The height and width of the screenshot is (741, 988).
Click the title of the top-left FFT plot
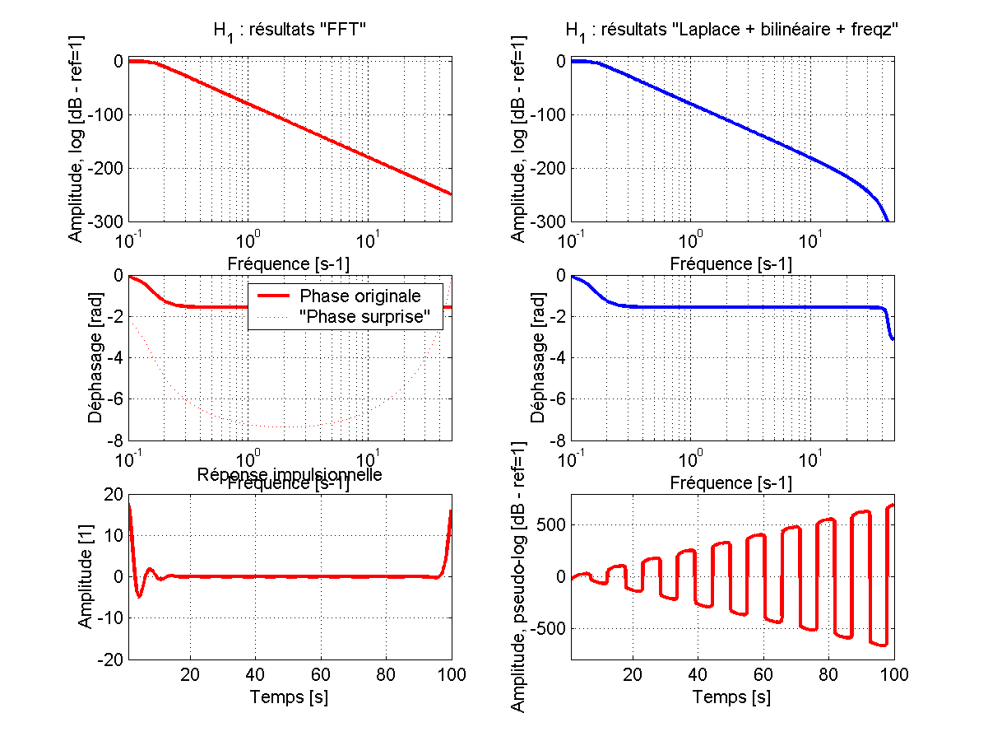pyautogui.click(x=289, y=31)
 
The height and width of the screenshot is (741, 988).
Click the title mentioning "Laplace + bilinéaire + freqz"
pyautogui.click(x=731, y=31)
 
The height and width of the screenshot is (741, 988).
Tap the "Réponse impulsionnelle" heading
pyautogui.click(x=289, y=473)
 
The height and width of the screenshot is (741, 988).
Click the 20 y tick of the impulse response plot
pyautogui.click(x=113, y=494)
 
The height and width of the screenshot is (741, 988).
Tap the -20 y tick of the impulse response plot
pyautogui.click(x=109, y=660)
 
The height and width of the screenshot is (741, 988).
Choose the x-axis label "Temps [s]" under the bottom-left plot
pyautogui.click(x=289, y=697)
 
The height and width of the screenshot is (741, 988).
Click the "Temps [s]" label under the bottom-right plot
pyautogui.click(x=731, y=697)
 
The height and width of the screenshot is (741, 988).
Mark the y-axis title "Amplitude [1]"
pyautogui.click(x=86, y=576)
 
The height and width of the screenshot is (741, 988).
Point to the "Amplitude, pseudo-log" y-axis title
pyautogui.click(x=518, y=576)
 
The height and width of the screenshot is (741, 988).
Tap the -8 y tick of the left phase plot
pyautogui.click(x=115, y=440)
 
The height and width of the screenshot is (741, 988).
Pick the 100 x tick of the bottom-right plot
pyautogui.click(x=893, y=674)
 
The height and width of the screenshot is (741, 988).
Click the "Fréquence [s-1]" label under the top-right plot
pyautogui.click(x=731, y=263)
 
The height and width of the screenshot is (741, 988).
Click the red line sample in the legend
pyautogui.click(x=272, y=296)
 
